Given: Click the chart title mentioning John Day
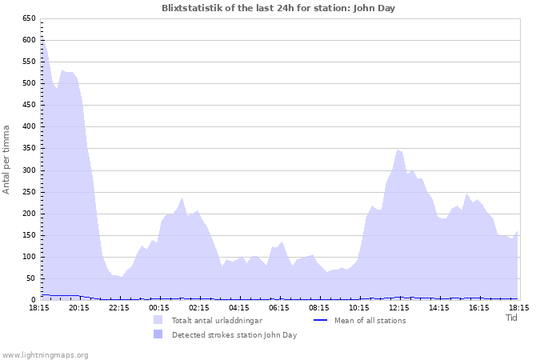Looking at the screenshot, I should (278, 8).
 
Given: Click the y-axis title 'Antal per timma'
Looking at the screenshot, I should (7, 158).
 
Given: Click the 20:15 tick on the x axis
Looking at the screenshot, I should (78, 307).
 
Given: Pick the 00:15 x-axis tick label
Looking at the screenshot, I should (158, 307).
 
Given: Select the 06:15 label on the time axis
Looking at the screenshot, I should (278, 307).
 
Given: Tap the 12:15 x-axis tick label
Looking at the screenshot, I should (398, 307).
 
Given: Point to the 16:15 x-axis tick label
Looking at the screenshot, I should (478, 307).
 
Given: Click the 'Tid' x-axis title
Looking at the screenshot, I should (512, 318).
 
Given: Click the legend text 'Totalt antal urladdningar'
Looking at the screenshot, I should (217, 321).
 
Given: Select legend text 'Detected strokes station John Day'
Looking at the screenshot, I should (234, 335).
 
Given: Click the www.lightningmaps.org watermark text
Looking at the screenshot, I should (45, 355).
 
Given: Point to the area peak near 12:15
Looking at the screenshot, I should (398, 150).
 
